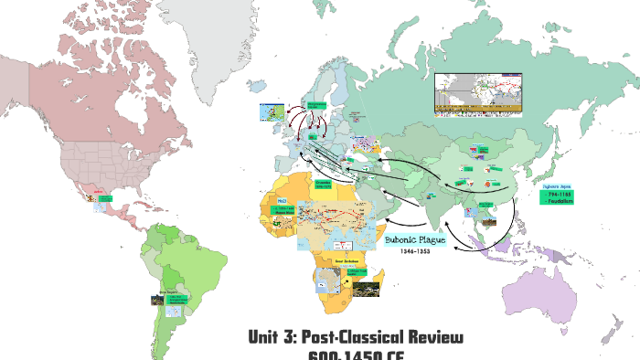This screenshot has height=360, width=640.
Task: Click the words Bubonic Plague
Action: pos(415,239)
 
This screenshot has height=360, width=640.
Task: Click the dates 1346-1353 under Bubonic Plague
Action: pos(415,252)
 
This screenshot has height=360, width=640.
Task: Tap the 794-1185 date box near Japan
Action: pos(557,195)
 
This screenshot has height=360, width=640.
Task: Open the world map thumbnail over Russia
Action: pos(480,95)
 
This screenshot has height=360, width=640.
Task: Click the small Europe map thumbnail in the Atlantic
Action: pos(272,114)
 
